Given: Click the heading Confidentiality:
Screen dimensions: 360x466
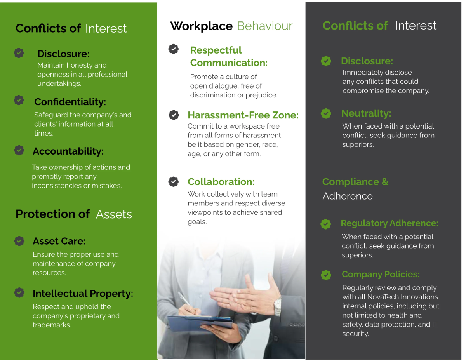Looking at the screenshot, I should click(x=70, y=102).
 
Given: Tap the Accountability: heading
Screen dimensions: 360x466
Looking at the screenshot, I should click(x=68, y=151).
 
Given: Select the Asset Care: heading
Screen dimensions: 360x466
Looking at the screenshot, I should click(x=59, y=241).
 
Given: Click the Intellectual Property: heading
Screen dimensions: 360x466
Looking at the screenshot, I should click(x=83, y=294).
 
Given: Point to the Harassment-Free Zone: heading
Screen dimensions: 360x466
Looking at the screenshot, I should click(x=243, y=115).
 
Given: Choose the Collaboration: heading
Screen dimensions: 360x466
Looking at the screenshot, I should click(x=221, y=182).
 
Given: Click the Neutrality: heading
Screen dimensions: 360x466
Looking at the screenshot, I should click(x=366, y=113).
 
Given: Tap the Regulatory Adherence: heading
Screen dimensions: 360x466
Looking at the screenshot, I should click(x=389, y=223).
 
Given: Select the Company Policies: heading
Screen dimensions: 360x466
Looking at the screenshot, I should click(x=380, y=275).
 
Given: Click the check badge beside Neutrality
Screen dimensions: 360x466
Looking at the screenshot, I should click(x=326, y=113).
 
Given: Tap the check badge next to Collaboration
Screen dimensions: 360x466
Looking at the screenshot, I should click(x=174, y=182).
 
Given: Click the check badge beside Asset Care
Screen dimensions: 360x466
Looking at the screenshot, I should click(x=19, y=241).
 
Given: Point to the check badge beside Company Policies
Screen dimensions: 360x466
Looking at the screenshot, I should click(x=326, y=275).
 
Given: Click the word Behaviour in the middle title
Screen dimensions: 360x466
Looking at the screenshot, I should click(x=264, y=26).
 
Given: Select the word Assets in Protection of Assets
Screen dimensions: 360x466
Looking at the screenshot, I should click(x=114, y=214).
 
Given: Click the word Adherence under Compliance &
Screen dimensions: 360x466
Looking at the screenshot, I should click(x=347, y=196).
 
